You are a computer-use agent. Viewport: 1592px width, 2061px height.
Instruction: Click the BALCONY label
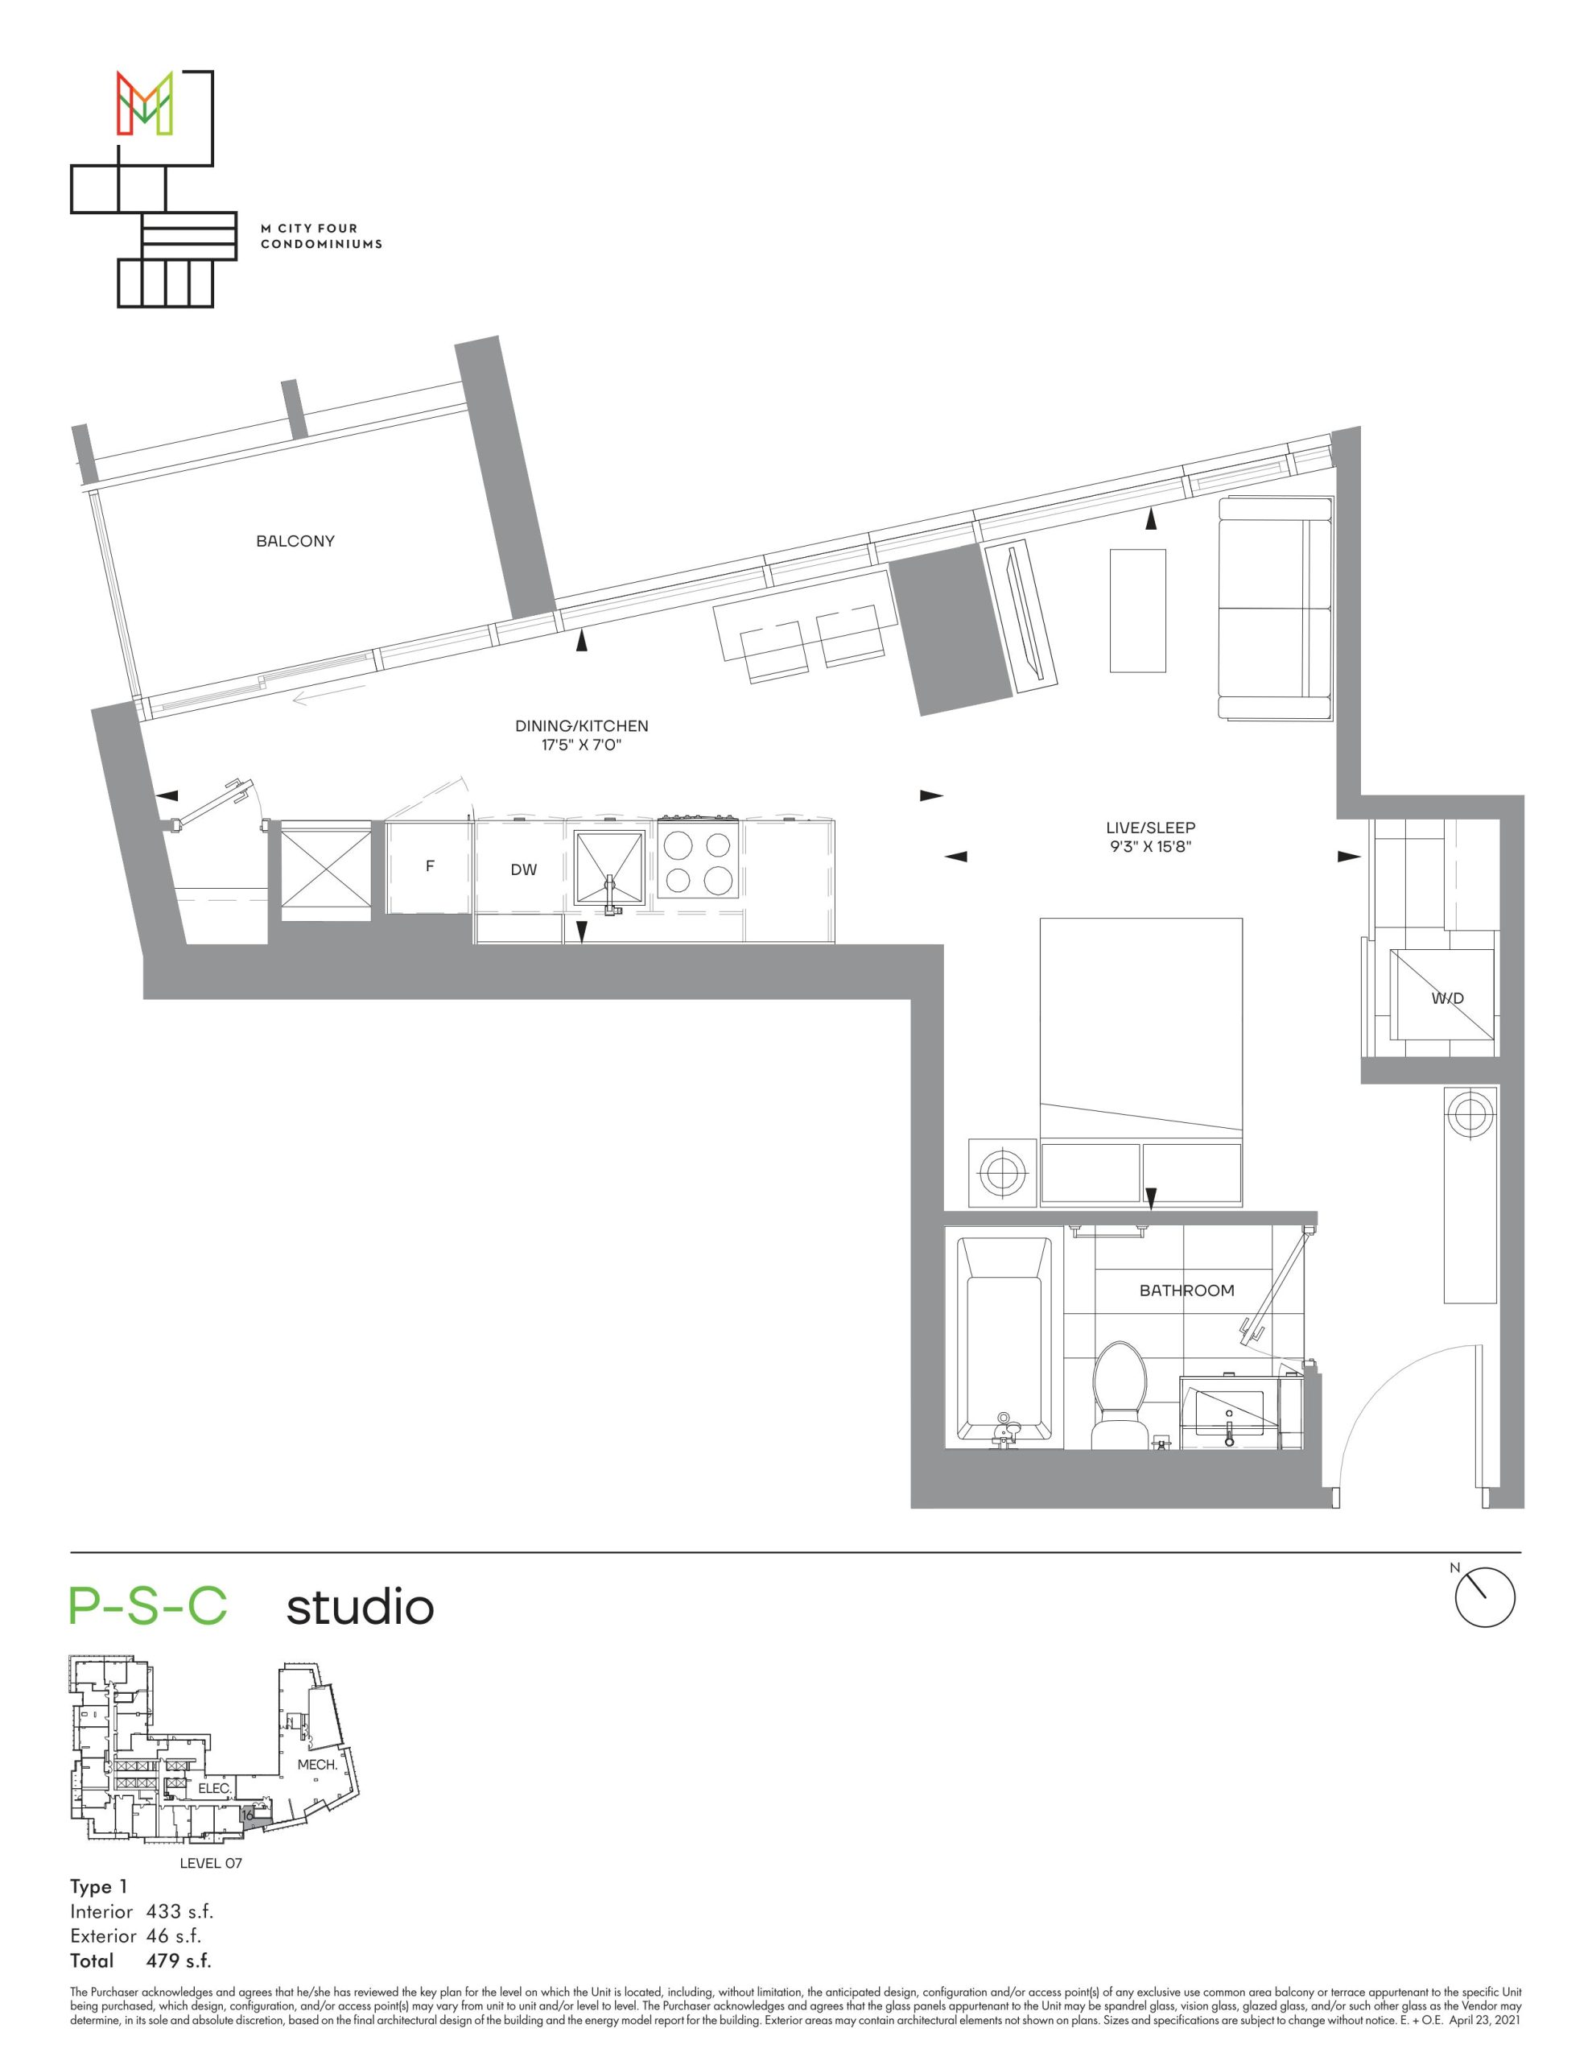pos(295,541)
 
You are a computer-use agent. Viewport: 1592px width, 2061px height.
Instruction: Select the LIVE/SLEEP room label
pos(1150,828)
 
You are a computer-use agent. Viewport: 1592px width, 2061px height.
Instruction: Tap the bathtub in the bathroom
pos(1004,1341)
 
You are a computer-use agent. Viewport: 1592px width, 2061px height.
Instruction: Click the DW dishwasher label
pos(524,870)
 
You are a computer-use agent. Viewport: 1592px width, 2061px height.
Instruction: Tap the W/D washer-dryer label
pos(1446,997)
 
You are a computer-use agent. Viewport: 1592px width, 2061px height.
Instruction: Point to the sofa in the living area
pos(1275,609)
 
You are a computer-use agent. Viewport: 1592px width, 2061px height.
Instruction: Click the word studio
pos(360,1607)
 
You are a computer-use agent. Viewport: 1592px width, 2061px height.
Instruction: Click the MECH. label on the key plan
pos(317,1764)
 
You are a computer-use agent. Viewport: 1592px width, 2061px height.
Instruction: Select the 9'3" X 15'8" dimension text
pos(1150,846)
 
